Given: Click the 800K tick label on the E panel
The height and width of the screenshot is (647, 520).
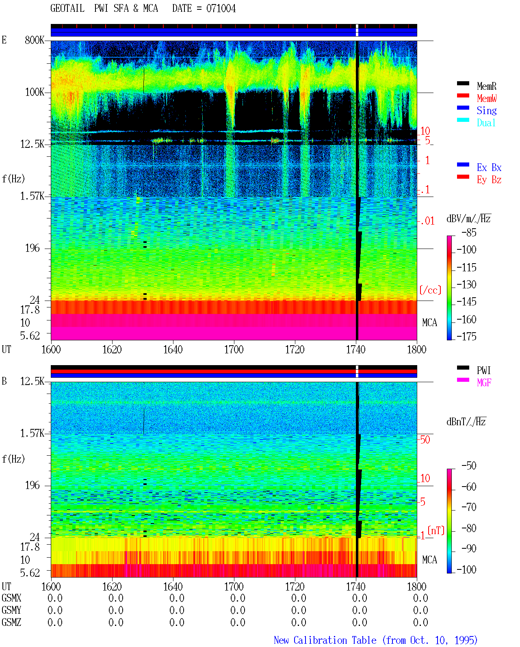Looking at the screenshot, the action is coord(35,40).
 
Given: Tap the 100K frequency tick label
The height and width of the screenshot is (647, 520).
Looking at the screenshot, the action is coord(35,92).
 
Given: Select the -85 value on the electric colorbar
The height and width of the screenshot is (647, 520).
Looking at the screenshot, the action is coord(469,232).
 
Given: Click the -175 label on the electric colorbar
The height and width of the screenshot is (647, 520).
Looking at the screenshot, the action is coord(466,336).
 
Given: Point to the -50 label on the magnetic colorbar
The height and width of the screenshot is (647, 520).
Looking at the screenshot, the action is coord(469,466).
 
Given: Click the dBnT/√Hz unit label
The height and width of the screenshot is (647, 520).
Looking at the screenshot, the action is coord(466,422).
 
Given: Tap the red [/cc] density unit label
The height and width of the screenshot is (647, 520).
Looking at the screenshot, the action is coord(430,290).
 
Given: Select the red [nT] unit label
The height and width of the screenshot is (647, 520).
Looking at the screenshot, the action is coord(436,530).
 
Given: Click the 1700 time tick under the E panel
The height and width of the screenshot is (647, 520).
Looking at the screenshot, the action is coord(234,350).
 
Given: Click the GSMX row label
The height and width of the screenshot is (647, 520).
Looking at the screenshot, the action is coord(11,598).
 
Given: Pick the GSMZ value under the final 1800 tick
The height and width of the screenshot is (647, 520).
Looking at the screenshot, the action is coord(420,622).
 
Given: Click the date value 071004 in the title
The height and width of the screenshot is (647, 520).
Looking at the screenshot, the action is coord(221,9).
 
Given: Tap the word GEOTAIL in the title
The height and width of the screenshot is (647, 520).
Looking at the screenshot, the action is coord(67,9).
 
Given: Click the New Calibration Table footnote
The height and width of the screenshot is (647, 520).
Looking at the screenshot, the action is coord(375,640).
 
